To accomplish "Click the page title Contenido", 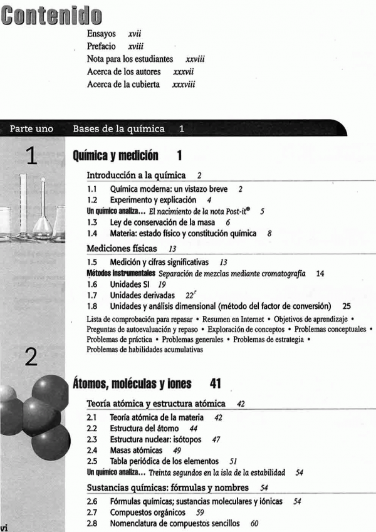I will pos(51,14).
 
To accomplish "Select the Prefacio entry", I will pos(105,46).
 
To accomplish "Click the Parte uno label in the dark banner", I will pos(31,129).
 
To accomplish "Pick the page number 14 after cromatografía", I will pos(320,274).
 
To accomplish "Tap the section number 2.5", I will pos(91,462).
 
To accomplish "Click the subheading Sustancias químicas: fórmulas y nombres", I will pos(167,487).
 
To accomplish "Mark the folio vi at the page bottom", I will pos(5,527).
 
